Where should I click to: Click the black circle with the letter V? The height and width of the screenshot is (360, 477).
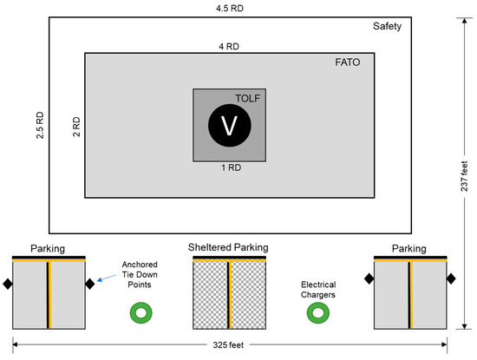[230, 126]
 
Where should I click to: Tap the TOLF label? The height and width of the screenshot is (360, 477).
[248, 98]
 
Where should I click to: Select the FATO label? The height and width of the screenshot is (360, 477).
[348, 63]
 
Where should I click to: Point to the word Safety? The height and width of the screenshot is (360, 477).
[388, 26]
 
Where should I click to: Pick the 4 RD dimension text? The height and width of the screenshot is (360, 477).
[230, 45]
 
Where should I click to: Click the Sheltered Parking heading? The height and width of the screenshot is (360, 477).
[229, 247]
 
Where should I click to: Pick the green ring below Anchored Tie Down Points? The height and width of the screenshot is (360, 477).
[138, 312]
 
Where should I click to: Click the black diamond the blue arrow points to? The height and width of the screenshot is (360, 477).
[89, 284]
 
